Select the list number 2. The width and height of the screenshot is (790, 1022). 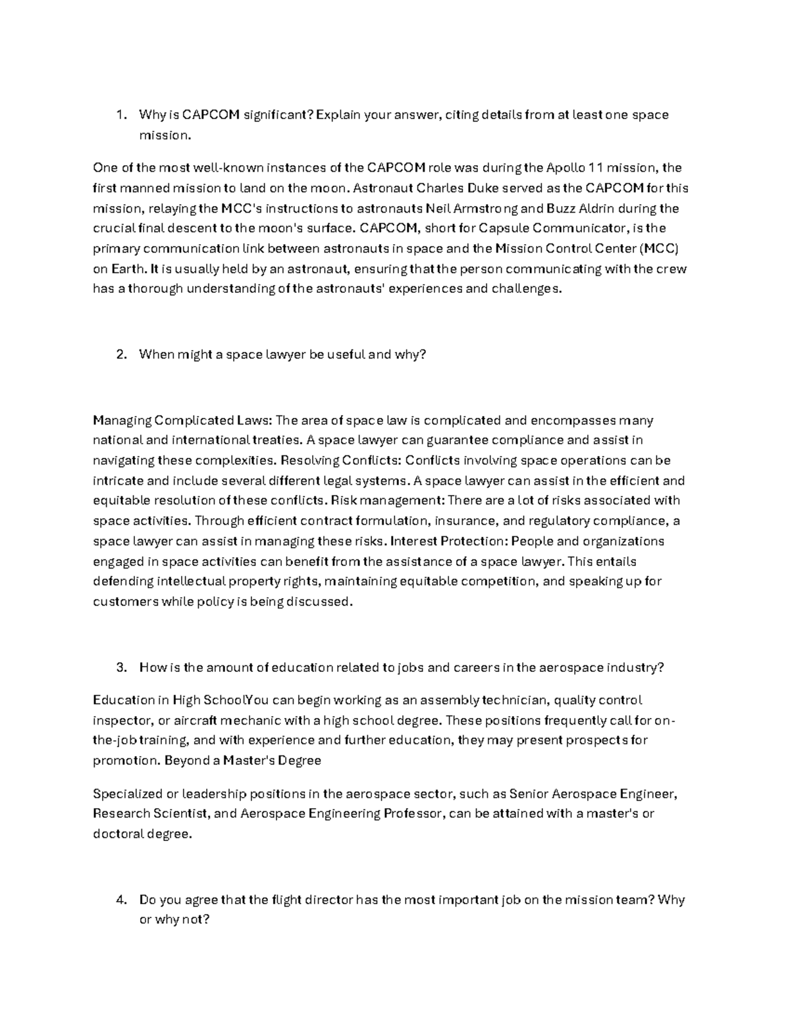pos(120,355)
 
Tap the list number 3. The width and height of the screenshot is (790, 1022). pos(120,667)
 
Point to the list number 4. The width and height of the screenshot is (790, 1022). pos(120,900)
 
